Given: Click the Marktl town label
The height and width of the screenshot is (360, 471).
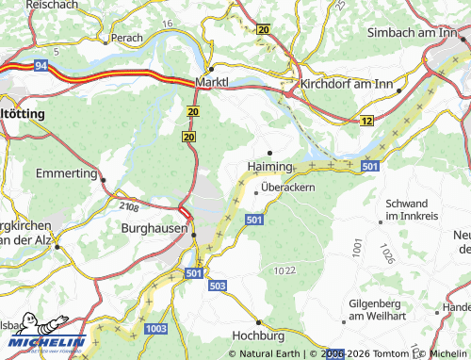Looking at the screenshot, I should point(212,82).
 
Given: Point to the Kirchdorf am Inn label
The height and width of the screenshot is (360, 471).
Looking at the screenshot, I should point(348,84).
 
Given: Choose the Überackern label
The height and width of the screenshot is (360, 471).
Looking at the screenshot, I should point(287,188).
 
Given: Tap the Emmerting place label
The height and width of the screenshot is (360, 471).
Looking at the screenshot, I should point(66,174).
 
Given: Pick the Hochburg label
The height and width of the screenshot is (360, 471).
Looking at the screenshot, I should point(257,335).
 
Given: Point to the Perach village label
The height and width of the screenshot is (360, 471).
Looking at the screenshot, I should point(125,39).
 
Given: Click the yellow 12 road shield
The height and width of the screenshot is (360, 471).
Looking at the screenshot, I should point(366,121).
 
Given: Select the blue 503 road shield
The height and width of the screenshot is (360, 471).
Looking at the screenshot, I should point(218,285).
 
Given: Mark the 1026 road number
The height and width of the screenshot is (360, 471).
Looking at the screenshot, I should point(385,252).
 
